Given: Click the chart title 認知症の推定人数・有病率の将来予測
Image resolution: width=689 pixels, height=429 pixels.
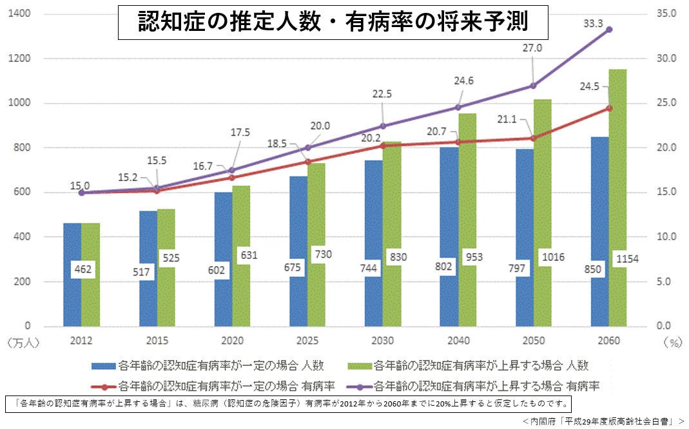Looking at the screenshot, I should coord(333,23).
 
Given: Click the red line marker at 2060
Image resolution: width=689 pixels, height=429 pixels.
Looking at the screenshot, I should coord(609,108).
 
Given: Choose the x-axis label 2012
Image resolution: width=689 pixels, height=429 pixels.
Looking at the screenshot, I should coord(81,340).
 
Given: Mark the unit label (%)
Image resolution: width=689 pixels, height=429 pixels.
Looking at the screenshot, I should coord(670,343).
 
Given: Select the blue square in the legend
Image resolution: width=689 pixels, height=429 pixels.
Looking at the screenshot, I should coord(104,366).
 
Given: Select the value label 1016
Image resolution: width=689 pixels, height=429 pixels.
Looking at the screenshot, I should coord(552,258).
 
